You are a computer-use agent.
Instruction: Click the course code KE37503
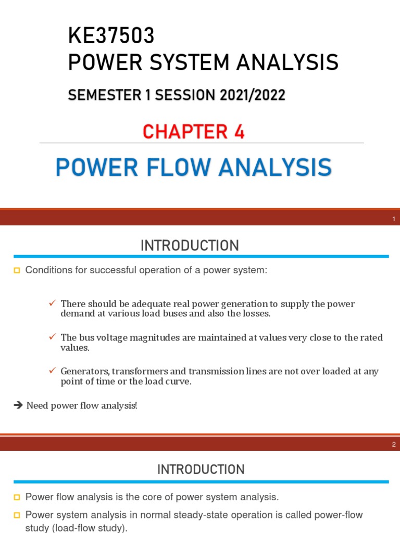(111, 37)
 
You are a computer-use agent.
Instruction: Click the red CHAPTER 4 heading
(194, 132)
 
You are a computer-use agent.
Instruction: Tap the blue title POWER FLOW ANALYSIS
(193, 168)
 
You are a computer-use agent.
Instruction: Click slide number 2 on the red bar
(394, 445)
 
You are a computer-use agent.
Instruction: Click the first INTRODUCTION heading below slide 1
(190, 246)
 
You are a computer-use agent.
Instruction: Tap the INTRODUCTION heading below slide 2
(201, 469)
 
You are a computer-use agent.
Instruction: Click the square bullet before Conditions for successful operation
(17, 271)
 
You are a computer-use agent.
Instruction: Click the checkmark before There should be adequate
(52, 303)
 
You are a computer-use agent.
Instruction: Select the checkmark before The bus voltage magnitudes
(52, 337)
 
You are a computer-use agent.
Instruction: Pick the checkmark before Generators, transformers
(52, 371)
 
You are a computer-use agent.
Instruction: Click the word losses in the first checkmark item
(256, 313)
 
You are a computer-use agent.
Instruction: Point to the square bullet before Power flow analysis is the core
(17, 498)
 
